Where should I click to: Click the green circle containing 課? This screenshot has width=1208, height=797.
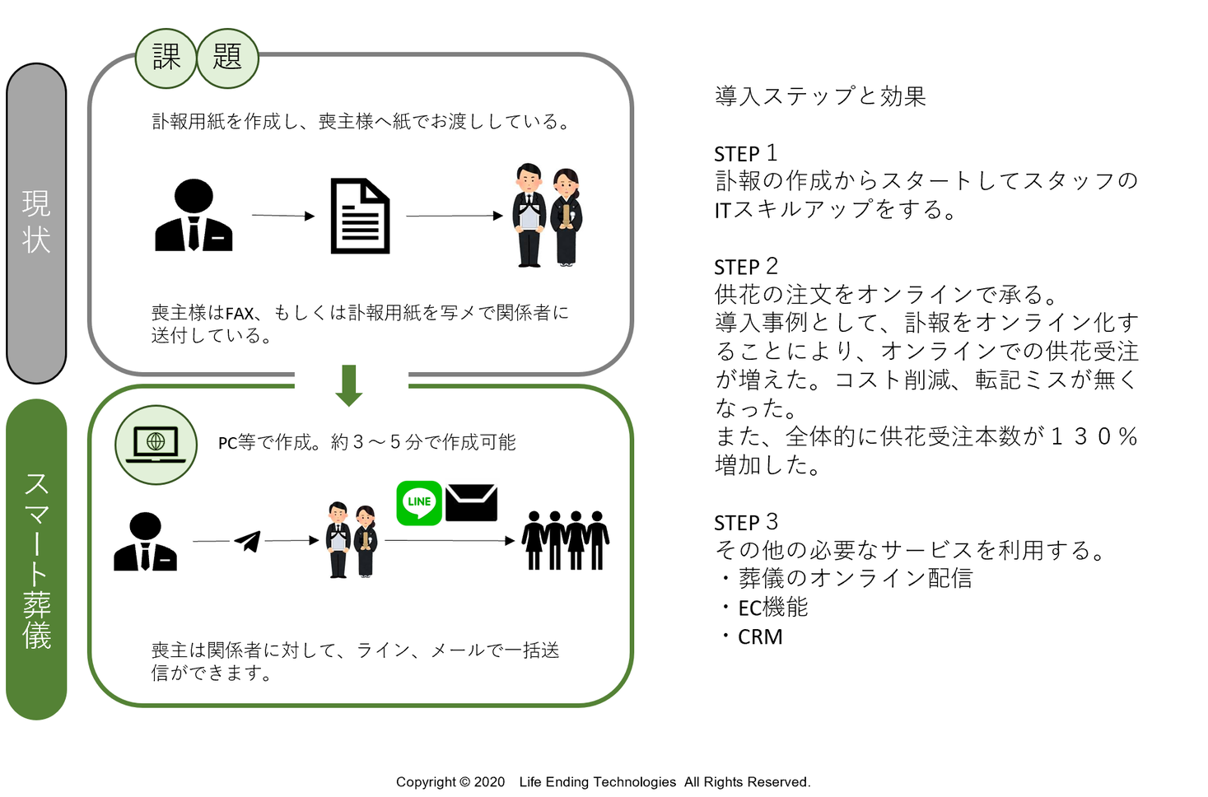(166, 58)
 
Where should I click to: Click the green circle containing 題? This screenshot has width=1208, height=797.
(227, 58)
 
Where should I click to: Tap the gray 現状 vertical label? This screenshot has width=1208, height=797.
(36, 222)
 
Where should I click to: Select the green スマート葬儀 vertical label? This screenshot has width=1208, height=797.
(36, 560)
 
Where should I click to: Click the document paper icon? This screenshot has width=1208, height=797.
(360, 216)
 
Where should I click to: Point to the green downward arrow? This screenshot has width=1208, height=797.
(349, 385)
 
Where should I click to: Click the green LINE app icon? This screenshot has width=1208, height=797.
(419, 502)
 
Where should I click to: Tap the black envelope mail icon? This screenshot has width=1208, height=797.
(471, 503)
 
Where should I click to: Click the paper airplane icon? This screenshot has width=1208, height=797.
(248, 541)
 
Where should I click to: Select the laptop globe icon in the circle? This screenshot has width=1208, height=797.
(156, 445)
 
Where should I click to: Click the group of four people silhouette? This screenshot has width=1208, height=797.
(566, 540)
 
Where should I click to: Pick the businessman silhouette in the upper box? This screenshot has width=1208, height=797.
(194, 215)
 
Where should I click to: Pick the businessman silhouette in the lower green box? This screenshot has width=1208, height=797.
(145, 542)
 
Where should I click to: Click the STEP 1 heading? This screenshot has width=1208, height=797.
(745, 153)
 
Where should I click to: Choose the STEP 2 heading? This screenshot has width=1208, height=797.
(745, 267)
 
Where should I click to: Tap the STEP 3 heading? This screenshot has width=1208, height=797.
(745, 522)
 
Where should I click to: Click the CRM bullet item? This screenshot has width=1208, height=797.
(759, 636)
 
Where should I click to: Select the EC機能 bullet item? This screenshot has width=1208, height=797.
(772, 608)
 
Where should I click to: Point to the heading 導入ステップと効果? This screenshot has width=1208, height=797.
(820, 96)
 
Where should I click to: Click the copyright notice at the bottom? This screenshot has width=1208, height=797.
(603, 781)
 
